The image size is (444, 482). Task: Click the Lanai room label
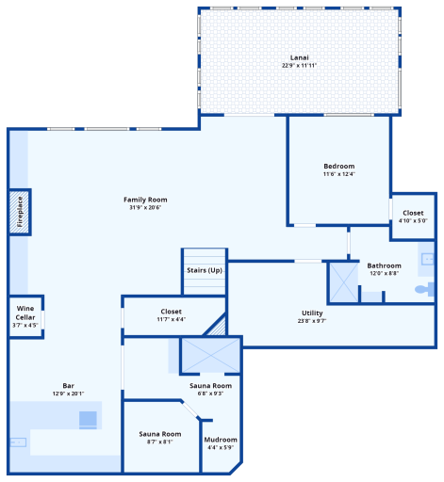pyautogui.click(x=299, y=57)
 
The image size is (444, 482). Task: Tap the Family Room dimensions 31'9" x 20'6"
pyautogui.click(x=145, y=207)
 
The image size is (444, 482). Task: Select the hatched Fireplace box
pyautogui.click(x=20, y=212)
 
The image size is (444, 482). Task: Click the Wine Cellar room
pyautogui.click(x=25, y=316)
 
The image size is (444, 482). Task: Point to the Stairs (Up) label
pyautogui.click(x=205, y=270)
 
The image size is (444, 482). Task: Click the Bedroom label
pyautogui.click(x=339, y=166)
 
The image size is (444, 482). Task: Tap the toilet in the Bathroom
pyautogui.click(x=424, y=289)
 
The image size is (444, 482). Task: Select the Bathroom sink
pyautogui.click(x=427, y=259)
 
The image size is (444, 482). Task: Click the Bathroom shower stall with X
pyautogui.click(x=343, y=282)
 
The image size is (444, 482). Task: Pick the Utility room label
pyautogui.click(x=312, y=313)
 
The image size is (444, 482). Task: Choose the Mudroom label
pyautogui.click(x=221, y=440)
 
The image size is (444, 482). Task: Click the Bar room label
pyautogui.click(x=68, y=386)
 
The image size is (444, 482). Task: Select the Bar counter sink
pyautogui.click(x=18, y=442)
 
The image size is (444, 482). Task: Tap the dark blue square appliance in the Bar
pyautogui.click(x=88, y=420)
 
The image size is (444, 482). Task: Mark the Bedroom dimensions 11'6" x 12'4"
pyautogui.click(x=339, y=174)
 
